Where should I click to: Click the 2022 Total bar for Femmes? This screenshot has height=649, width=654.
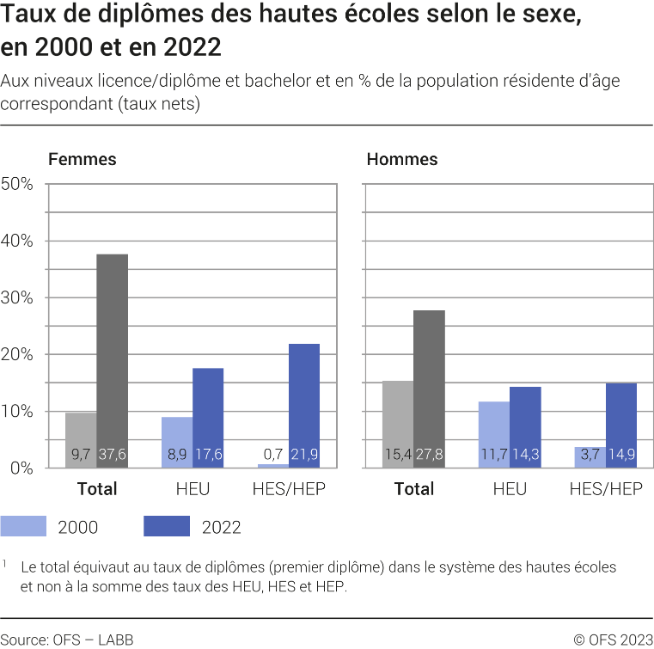[x=112, y=361]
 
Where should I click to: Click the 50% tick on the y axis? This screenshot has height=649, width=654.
[x=17, y=184]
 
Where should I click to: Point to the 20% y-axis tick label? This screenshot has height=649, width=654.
[x=17, y=354]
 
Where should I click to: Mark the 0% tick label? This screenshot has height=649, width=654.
[x=21, y=468]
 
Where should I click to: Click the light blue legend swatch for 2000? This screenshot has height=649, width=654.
[x=23, y=526]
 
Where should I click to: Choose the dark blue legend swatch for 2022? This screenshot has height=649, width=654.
[x=167, y=526]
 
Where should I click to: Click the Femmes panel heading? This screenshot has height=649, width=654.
[x=82, y=159]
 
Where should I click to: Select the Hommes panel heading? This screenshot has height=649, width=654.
[x=401, y=159]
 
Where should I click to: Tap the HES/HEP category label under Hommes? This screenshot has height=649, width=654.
[x=606, y=489]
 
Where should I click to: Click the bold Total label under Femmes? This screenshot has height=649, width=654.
[x=97, y=489]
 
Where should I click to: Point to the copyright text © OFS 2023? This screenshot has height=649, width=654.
[x=613, y=639]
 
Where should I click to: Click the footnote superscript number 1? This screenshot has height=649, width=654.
[x=4, y=565]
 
